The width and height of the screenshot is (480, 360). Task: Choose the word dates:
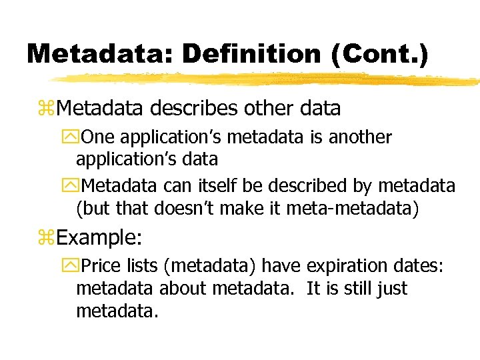[418, 267]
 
